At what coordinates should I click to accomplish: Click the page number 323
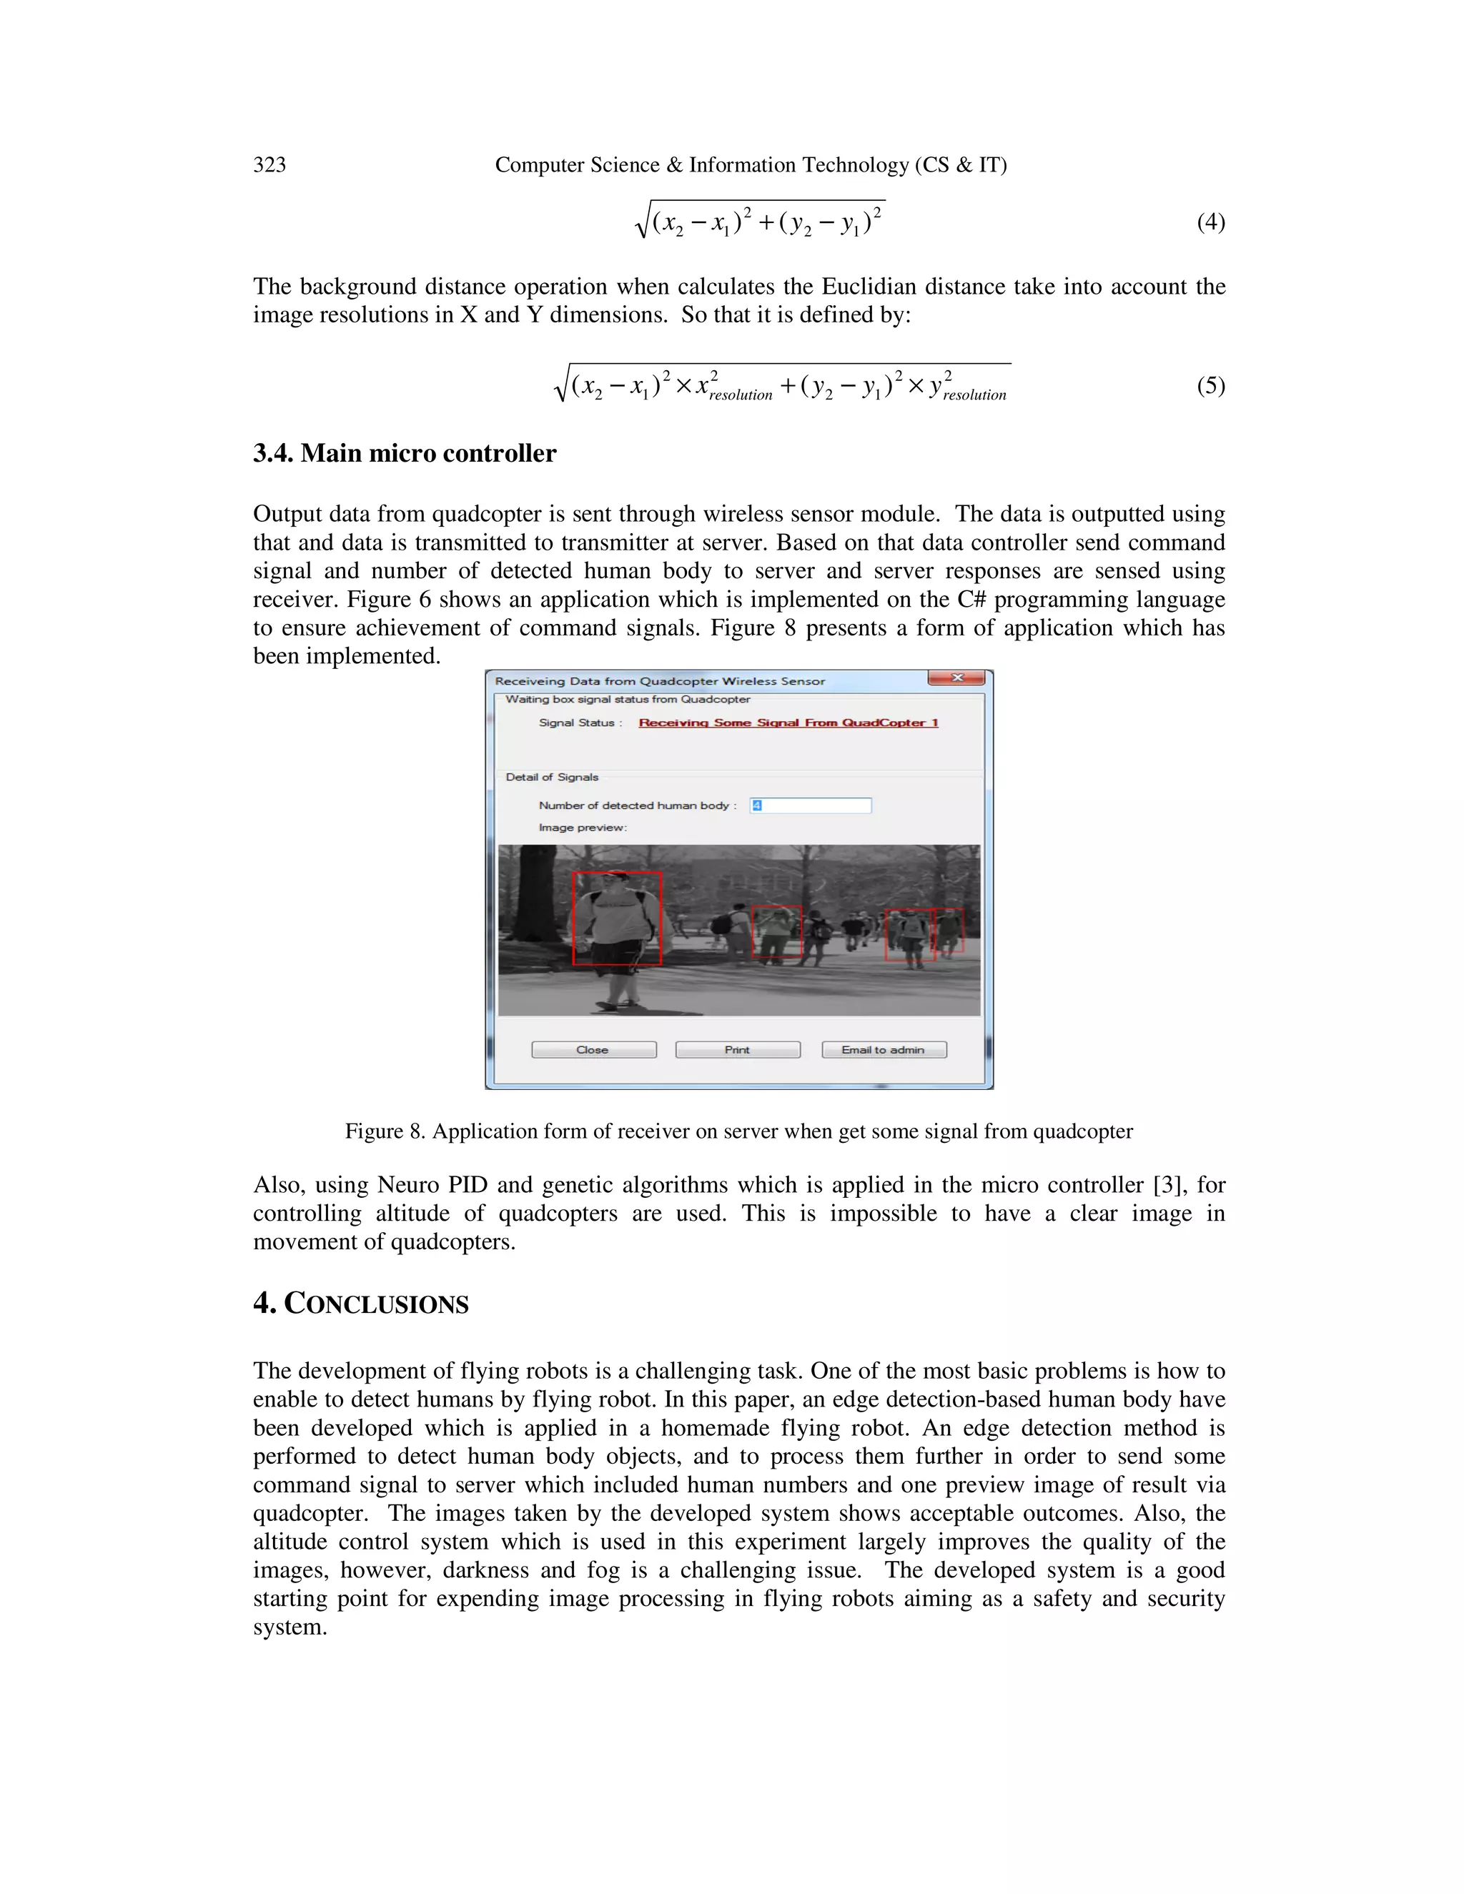point(269,165)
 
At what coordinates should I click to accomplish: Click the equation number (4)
point(1210,222)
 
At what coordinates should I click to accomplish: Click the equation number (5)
point(1210,385)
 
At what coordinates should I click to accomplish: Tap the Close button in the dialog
point(593,1049)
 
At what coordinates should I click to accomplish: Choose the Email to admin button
point(883,1049)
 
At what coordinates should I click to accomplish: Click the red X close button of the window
point(956,678)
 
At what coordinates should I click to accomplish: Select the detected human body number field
point(810,805)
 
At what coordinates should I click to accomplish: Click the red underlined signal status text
point(788,723)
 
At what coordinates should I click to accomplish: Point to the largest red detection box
point(617,918)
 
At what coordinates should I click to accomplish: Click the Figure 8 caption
point(739,1131)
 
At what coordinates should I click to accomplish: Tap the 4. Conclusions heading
point(361,1304)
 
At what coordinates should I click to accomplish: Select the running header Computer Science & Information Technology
point(750,165)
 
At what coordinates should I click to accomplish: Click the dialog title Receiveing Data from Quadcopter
point(659,680)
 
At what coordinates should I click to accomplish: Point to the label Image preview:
point(582,828)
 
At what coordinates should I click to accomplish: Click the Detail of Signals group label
point(552,777)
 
